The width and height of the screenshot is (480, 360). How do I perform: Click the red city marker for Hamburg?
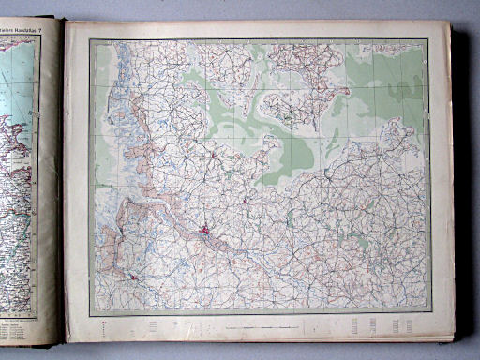click(x=205, y=228)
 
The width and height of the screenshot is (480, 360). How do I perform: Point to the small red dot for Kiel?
click(x=214, y=153)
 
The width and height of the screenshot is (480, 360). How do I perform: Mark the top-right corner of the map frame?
click(x=431, y=39)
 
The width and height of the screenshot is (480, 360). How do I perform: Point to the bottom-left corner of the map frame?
click(x=91, y=312)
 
